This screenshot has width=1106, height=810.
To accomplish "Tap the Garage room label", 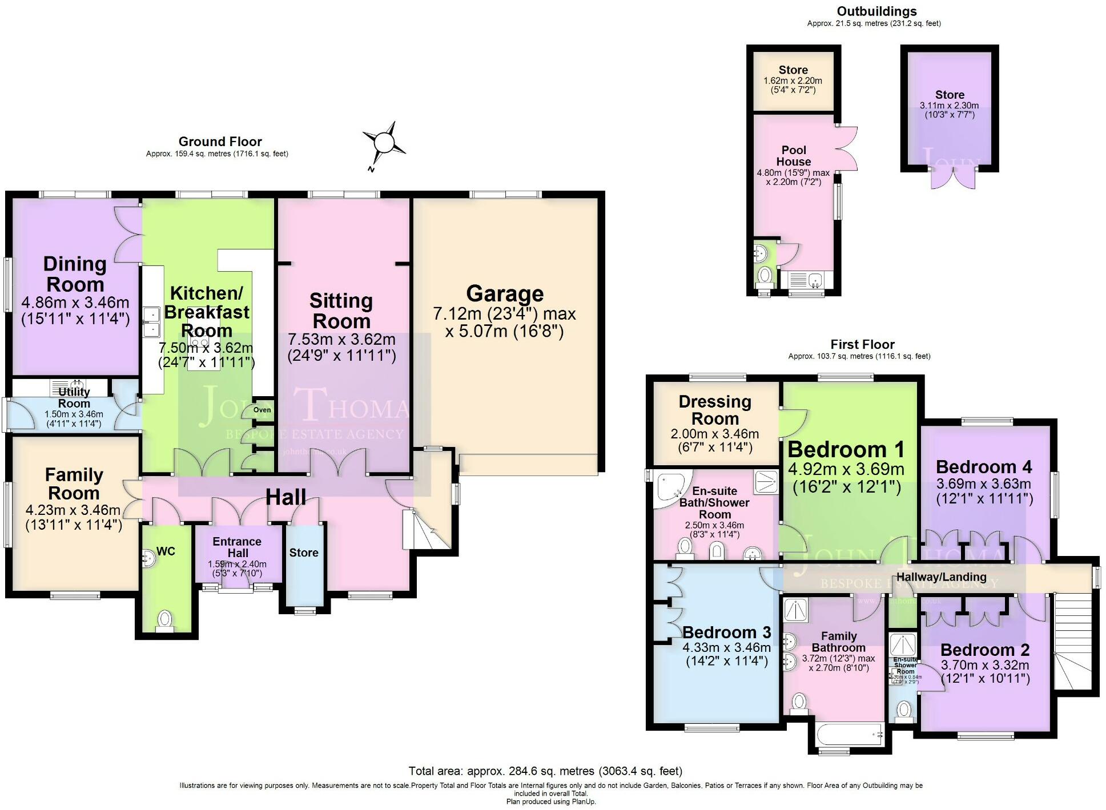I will click(x=505, y=293).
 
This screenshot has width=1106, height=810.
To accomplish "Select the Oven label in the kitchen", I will click(x=262, y=410).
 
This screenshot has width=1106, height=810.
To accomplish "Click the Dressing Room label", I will click(x=715, y=410).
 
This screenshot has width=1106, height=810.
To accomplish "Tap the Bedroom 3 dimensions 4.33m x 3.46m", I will click(x=726, y=648).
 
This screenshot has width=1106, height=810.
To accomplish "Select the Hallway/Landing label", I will click(x=941, y=577).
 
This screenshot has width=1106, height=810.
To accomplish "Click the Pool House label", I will click(x=793, y=155).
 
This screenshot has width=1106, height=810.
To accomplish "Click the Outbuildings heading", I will click(x=876, y=11).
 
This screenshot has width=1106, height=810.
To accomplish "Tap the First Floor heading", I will click(x=862, y=345).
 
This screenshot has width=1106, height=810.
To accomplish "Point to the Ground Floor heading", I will click(x=220, y=142).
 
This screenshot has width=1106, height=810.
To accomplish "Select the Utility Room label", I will click(x=74, y=397).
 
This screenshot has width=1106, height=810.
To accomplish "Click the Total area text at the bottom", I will click(x=545, y=771).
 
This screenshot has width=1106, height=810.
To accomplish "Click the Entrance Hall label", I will click(x=237, y=547).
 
